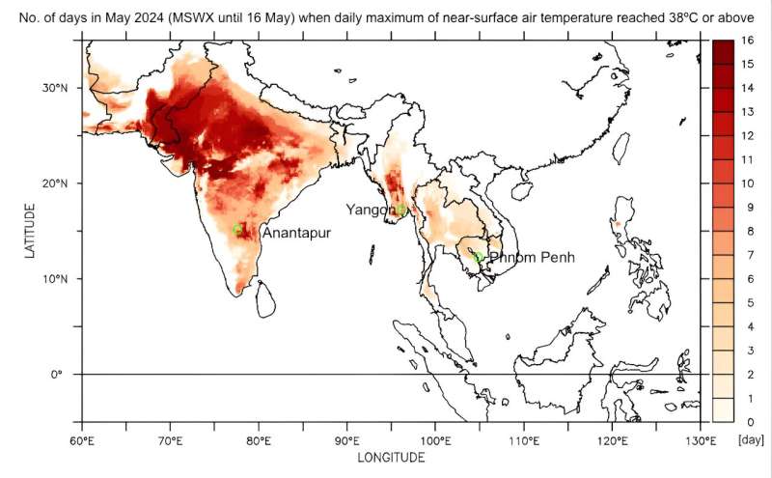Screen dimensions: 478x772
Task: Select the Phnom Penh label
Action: tap(531, 258)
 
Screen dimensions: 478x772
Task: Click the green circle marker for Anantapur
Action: tap(237, 229)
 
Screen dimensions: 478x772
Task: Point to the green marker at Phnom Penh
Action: tap(479, 257)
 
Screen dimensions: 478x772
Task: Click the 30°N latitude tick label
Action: tap(54, 88)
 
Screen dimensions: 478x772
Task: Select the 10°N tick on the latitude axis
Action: tap(54, 279)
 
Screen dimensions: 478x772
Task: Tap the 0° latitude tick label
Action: tap(57, 375)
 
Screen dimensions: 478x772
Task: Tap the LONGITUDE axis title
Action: tap(391, 458)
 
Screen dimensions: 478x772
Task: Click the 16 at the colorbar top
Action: tap(747, 41)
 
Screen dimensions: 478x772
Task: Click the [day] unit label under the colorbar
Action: tap(751, 439)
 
